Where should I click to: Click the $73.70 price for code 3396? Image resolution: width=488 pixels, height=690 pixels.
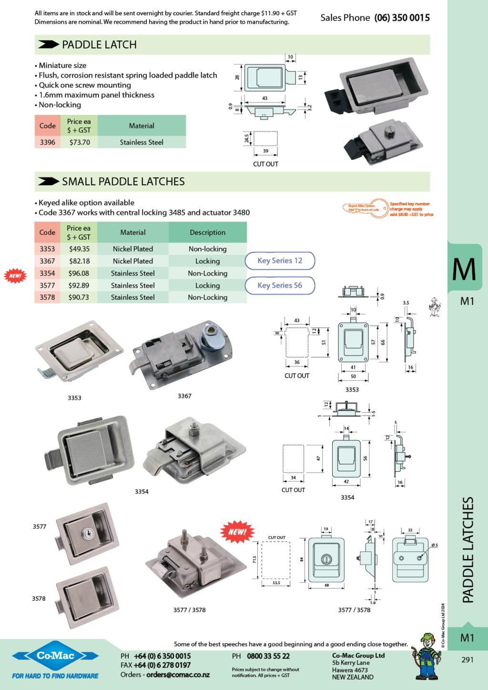coord(79,142)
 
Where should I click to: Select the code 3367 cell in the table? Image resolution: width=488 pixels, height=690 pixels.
coord(47,261)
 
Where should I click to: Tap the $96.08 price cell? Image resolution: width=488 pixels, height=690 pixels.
coord(79,274)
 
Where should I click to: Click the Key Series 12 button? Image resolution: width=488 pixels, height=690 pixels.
coord(280,261)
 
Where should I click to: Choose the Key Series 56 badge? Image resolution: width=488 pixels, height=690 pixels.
coord(280,285)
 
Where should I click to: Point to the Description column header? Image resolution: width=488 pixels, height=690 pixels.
coord(207,233)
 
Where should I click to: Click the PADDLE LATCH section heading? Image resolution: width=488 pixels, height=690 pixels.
coord(99,45)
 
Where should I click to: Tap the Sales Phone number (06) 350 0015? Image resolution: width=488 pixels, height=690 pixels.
coord(402,18)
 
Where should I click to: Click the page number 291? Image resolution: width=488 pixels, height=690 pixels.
coord(468,660)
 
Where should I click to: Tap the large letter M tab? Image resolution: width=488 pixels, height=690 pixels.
coord(464,269)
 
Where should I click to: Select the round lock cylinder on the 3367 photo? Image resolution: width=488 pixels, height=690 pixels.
coord(210,334)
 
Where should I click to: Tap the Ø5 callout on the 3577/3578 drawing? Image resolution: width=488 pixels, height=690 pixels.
coord(434,545)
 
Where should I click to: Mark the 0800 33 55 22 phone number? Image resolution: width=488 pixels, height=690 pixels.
coord(268,656)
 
